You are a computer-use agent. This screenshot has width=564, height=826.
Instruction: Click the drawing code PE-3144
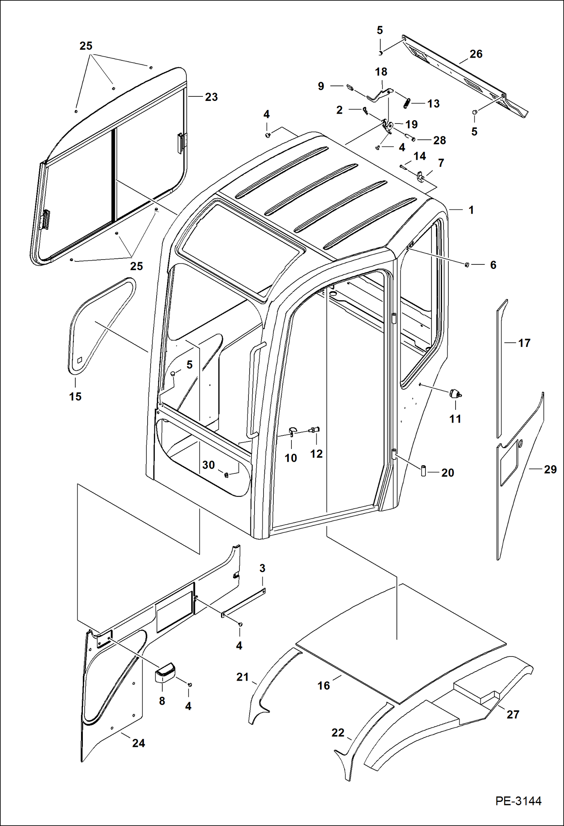click(x=518, y=800)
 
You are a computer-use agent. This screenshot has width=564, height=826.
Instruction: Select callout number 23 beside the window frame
click(x=211, y=97)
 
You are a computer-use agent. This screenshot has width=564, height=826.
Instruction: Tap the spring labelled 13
click(x=407, y=103)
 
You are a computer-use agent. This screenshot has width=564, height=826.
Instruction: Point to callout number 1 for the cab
click(x=471, y=210)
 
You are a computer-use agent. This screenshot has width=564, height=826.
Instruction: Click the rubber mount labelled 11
click(x=454, y=394)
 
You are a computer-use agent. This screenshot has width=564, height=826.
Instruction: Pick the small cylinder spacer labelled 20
click(x=423, y=471)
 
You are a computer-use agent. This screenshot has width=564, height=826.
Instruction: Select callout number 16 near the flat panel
click(x=323, y=686)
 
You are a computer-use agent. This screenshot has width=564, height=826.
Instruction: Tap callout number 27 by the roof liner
click(x=513, y=715)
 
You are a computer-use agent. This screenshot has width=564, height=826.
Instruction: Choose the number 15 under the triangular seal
click(x=75, y=396)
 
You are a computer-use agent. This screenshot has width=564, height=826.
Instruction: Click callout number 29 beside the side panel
click(x=550, y=469)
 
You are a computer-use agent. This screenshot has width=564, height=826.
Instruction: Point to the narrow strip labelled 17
click(x=500, y=369)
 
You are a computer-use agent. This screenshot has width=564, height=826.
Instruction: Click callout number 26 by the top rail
click(x=476, y=54)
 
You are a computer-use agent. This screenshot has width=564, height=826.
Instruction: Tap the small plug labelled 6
click(x=466, y=265)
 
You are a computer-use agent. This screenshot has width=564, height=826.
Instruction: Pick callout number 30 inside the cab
click(x=208, y=465)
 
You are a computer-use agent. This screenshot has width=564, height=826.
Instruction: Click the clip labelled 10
click(x=293, y=431)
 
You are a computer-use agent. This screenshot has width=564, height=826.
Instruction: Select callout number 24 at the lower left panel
click(x=138, y=743)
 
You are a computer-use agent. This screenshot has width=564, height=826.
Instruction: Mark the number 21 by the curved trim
click(x=242, y=677)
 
